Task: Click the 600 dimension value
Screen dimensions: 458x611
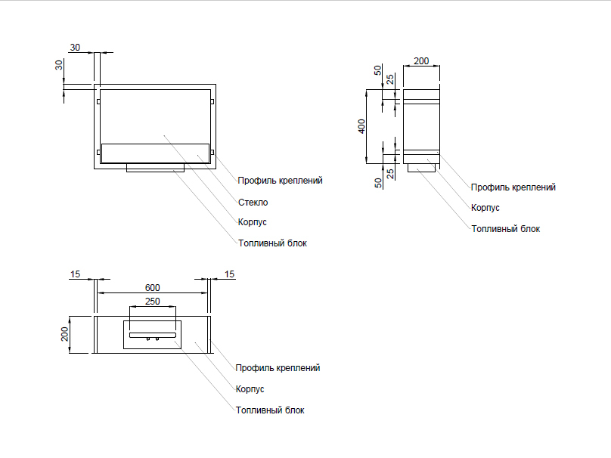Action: click(153, 288)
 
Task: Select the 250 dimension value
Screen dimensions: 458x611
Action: click(153, 302)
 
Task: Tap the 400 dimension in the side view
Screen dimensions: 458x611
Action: click(361, 126)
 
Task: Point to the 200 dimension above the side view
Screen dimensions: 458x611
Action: click(421, 60)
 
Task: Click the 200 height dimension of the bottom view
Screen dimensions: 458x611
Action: click(65, 333)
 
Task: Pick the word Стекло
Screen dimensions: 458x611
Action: click(253, 203)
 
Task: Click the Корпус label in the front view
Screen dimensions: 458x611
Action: click(252, 222)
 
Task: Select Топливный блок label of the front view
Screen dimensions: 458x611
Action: click(272, 243)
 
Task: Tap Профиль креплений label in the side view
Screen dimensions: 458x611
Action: click(513, 187)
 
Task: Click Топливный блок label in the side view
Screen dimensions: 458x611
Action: click(505, 228)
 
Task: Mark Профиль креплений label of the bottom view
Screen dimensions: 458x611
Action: click(278, 368)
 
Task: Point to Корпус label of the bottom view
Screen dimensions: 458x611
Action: click(250, 389)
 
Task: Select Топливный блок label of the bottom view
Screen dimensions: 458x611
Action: click(270, 410)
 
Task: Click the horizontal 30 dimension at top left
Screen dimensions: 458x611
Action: click(75, 48)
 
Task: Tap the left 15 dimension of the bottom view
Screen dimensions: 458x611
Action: click(75, 274)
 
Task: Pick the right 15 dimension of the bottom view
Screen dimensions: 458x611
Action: click(230, 274)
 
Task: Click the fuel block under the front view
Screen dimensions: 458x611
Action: click(154, 168)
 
